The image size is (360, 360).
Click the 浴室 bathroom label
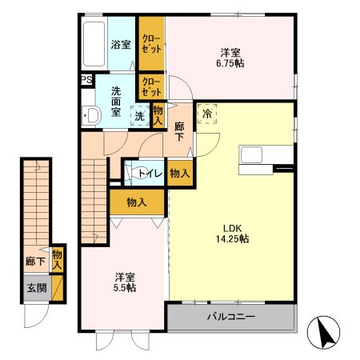pos(122,45)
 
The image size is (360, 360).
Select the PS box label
pos(86,79)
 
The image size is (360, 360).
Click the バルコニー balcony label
pos(230,317)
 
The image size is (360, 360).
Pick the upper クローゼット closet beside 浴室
pos(151,45)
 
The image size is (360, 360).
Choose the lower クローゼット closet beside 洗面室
pos(151,86)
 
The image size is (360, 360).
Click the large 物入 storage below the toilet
pos(137,202)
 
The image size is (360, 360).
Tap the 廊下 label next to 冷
pos(180,131)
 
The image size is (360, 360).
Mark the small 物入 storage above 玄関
pos(57,259)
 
